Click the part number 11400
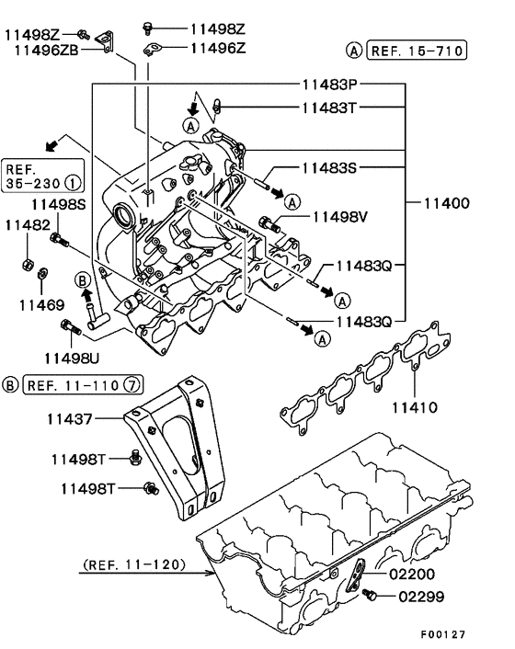[x=447, y=203]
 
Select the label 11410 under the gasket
[x=415, y=408]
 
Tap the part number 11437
[x=70, y=419]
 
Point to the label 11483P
[x=329, y=85]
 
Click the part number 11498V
[x=340, y=216]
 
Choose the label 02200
[x=412, y=575]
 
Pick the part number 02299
[x=421, y=597]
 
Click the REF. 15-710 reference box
[x=417, y=51]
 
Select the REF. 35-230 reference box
[x=42, y=176]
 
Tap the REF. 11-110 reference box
[x=83, y=385]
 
